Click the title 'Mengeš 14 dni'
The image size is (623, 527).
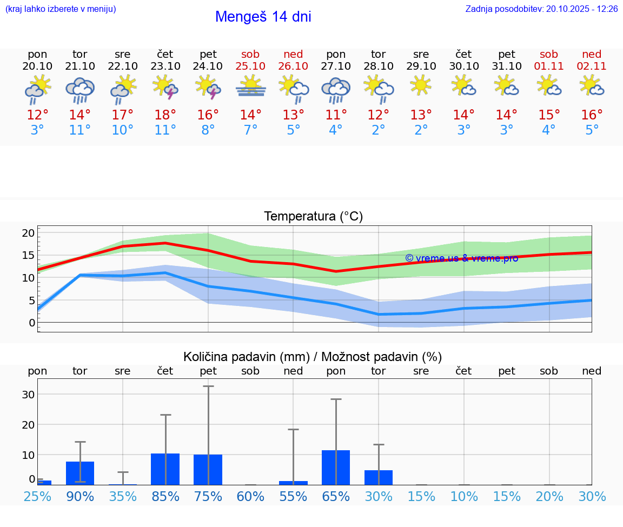point(263,17)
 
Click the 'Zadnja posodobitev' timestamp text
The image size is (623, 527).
point(541,9)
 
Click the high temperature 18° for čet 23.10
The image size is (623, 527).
point(165,115)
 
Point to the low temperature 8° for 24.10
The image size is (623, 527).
point(208,130)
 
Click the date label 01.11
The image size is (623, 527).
point(549,66)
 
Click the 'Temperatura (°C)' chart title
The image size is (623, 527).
point(313,217)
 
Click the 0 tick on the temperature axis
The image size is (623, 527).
point(32,323)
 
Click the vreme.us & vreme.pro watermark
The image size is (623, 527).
point(461,258)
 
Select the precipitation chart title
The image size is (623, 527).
point(313,357)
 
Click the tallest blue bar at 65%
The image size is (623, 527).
point(336,467)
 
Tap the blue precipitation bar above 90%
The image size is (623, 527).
point(80,473)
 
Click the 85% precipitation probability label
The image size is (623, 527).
point(165,496)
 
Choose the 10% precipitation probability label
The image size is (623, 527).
point(464,496)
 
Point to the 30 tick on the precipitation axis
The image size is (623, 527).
point(28,395)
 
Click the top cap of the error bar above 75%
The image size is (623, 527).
point(208,386)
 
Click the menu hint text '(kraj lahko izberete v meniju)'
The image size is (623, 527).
point(61,9)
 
